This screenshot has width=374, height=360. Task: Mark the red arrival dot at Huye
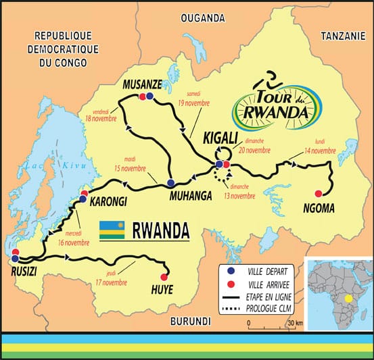pos(163,276)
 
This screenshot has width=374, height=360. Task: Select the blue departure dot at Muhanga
pos(171,182)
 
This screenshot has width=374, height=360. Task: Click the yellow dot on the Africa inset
pos(348,298)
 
